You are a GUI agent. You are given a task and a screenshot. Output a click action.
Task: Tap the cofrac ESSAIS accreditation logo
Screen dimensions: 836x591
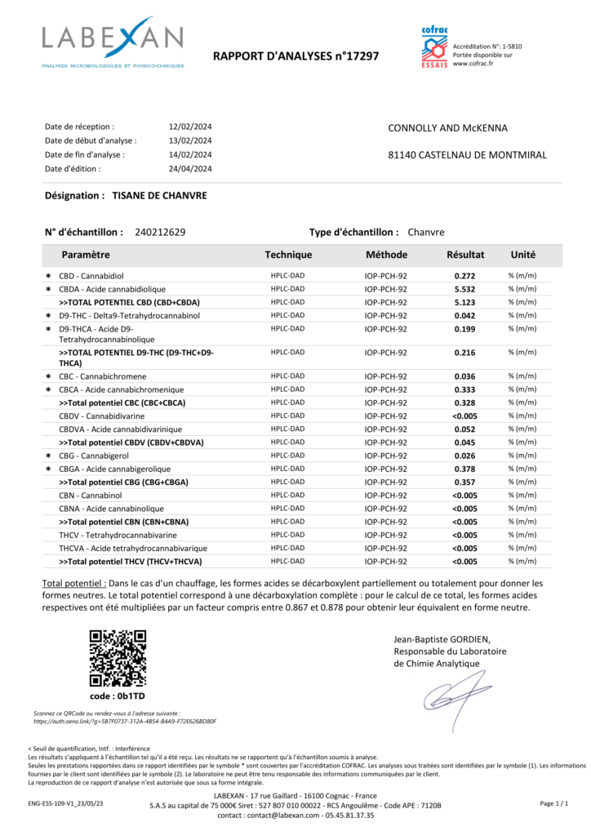[434, 47]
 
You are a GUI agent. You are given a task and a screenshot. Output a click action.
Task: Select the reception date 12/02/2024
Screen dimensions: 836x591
[190, 127]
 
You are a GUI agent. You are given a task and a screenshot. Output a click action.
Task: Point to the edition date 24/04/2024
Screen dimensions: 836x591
[190, 169]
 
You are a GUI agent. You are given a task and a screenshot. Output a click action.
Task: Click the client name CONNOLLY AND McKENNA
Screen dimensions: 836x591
[447, 128]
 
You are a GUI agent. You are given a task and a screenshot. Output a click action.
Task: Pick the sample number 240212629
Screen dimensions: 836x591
[160, 233]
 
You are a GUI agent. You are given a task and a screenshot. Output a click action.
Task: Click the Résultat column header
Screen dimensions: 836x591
[465, 255]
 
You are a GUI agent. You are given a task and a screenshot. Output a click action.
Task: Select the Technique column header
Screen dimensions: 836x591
[288, 255]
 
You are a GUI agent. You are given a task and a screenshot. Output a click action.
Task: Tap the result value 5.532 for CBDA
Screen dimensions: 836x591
[465, 289]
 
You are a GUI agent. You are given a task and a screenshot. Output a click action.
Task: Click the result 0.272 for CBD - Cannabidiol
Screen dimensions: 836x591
[465, 276]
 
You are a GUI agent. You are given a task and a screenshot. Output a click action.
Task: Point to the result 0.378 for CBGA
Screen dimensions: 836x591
[465, 469]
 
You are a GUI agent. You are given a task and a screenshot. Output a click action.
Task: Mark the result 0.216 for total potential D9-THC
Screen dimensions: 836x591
[465, 353]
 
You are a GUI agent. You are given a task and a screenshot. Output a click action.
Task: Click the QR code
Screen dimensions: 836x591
[118, 658]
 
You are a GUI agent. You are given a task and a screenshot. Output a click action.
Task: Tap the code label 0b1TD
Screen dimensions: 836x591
[118, 696]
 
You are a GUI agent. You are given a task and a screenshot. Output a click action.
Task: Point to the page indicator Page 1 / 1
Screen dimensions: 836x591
[554, 804]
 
